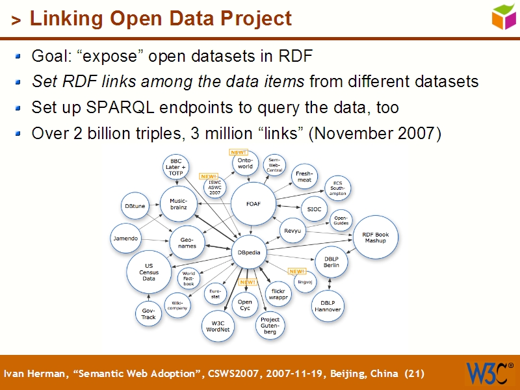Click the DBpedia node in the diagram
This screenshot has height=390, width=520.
point(250,252)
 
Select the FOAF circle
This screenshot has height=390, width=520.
point(253,204)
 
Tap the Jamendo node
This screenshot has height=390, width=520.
point(125,239)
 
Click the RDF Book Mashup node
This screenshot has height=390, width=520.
point(375,237)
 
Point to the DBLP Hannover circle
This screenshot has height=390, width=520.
point(328,306)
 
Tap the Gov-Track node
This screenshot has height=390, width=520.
point(149,313)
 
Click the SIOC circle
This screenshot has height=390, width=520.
point(314,209)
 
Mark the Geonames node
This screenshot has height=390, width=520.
point(187,242)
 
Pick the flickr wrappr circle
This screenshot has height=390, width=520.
point(278,293)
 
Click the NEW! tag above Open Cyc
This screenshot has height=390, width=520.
point(247,283)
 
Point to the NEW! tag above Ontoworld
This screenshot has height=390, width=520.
point(239,152)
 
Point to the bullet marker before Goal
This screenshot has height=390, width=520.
point(19,56)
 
